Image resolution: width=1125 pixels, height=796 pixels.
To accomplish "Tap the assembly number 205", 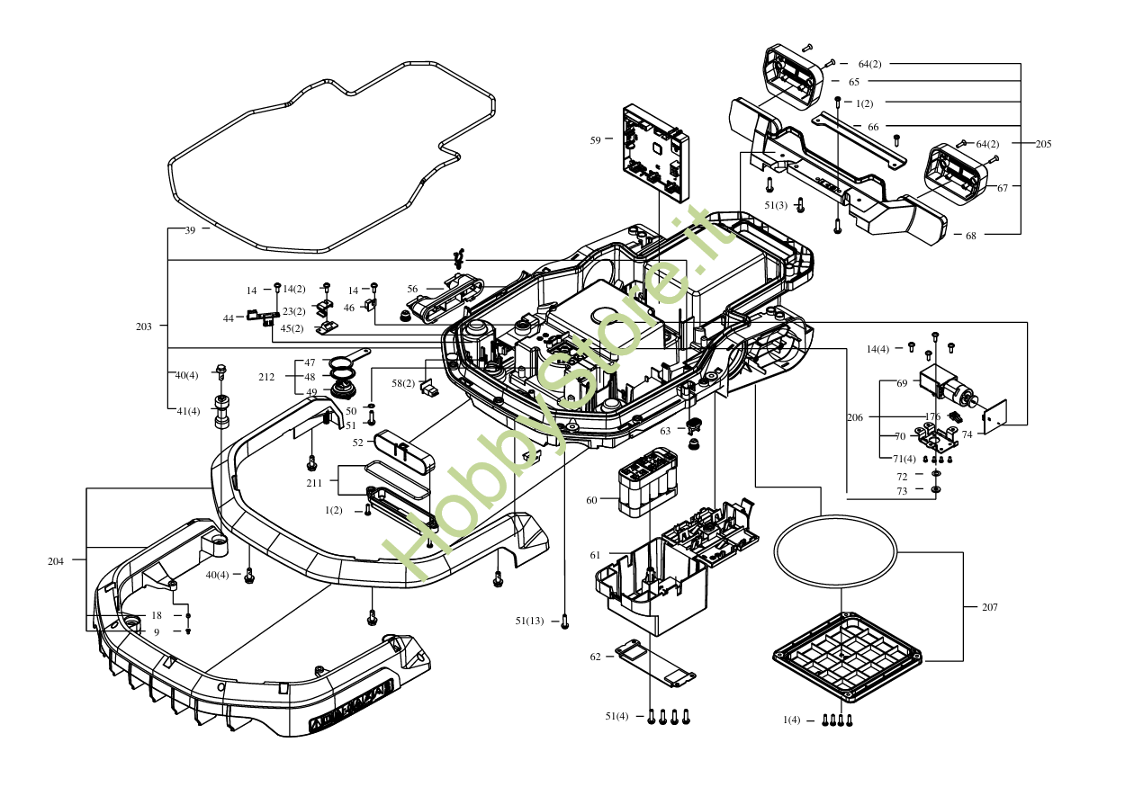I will [1043, 144].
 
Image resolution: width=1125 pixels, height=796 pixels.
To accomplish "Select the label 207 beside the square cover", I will [989, 607].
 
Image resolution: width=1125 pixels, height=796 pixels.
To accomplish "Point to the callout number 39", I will [190, 230].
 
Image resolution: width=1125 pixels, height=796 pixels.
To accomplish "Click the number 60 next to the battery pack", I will [591, 500].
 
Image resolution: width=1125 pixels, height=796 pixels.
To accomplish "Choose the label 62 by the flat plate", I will [595, 657].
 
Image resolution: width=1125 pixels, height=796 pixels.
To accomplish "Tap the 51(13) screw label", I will [529, 621].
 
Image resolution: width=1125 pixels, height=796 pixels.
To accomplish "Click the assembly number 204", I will [56, 561].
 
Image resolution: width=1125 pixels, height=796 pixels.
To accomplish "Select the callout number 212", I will [266, 377].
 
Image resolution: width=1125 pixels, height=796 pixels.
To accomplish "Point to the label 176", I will [933, 416].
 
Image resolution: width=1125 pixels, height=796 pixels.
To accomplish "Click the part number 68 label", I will [970, 236].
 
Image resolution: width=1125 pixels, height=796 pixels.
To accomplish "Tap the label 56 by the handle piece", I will [412, 289].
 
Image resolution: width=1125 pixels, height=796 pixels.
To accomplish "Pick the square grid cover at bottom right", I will [846, 657].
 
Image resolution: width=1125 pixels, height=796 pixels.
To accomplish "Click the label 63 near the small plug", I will [665, 431].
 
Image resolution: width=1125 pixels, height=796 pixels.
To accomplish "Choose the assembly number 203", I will [144, 326].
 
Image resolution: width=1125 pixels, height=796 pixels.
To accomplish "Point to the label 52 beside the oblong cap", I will [357, 442].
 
